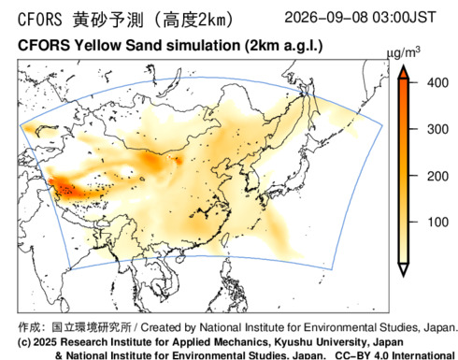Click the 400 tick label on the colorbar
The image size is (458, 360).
pyautogui.click(x=437, y=83)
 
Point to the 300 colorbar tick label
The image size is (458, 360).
pyautogui.click(x=437, y=129)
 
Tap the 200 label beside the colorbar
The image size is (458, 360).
pyautogui.click(x=437, y=177)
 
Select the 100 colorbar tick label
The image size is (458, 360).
pyautogui.click(x=437, y=223)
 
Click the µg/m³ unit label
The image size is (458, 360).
pyautogui.click(x=404, y=53)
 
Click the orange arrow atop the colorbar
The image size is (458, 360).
pyautogui.click(x=404, y=72)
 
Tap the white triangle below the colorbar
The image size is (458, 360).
pyautogui.click(x=404, y=269)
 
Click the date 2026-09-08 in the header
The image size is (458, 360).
pyautogui.click(x=326, y=17)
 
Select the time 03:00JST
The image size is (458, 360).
pyautogui.click(x=404, y=17)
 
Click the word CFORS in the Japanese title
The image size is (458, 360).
pyautogui.click(x=40, y=20)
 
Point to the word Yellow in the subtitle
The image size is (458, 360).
pyautogui.click(x=97, y=46)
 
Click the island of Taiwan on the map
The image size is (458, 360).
pyautogui.click(x=225, y=238)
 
